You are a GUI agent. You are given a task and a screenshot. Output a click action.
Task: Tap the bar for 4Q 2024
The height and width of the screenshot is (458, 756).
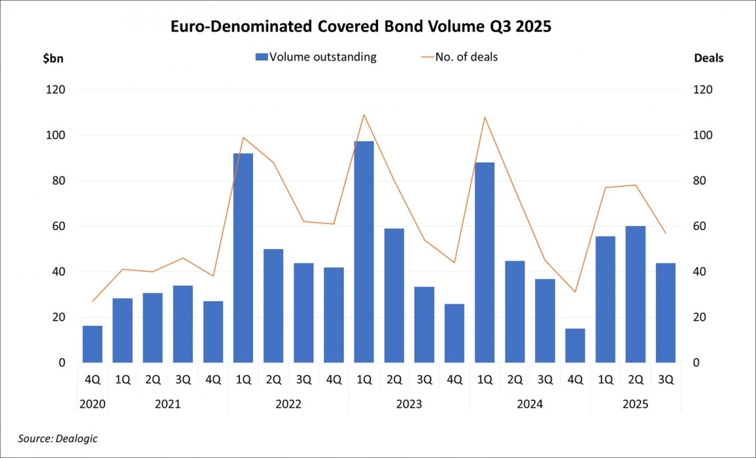575,346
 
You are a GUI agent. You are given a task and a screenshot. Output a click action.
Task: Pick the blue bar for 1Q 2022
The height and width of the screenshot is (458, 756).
243,258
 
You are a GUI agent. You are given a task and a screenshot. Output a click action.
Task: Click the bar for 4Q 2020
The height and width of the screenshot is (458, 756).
92,344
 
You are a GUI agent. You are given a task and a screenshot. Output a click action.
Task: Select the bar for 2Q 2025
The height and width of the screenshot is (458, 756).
636,294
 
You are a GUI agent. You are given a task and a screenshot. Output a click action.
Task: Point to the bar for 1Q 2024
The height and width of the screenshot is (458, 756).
484,262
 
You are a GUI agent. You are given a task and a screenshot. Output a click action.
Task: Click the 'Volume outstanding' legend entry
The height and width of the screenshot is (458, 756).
316,57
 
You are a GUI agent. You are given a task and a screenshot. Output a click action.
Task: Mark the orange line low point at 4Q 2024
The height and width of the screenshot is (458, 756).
575,292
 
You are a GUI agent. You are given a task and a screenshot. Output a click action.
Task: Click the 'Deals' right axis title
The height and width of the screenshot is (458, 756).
709,58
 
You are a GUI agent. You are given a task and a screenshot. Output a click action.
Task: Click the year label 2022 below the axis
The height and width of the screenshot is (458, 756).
289,404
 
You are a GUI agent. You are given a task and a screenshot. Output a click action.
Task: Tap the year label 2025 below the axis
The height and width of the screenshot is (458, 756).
636,404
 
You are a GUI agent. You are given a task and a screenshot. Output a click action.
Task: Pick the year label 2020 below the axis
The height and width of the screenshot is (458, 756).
92,404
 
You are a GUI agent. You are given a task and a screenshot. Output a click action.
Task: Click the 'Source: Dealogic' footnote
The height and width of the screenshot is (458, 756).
58,438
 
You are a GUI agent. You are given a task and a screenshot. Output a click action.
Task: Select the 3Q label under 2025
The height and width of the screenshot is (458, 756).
666,379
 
